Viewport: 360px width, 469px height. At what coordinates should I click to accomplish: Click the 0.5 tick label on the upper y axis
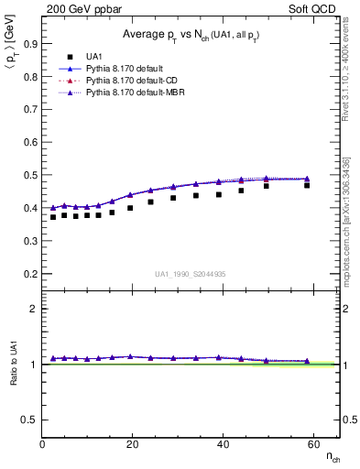tap(31, 174)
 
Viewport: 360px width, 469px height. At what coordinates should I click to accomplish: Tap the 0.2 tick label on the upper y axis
tap(31, 273)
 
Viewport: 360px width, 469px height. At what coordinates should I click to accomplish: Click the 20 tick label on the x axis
tap(132, 444)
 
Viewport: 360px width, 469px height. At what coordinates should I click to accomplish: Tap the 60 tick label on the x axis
tap(311, 444)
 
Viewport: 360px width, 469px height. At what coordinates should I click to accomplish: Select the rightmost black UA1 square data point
tap(307, 185)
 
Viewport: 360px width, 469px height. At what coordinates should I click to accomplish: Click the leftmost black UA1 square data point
tap(53, 217)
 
